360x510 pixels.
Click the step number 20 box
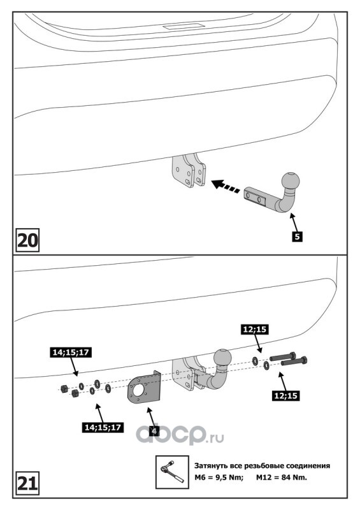coord(27,240)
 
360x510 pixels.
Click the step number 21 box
coord(27,483)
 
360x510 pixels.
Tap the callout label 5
coord(297,236)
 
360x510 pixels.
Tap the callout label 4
coord(154,431)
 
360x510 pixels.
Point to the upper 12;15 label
coord(255,329)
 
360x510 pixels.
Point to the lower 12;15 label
coord(285,395)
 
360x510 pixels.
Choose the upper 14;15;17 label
coord(71,353)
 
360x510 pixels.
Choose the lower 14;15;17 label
coord(103,427)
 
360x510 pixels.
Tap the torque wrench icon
coord(172,472)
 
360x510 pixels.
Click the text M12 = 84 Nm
coord(282,477)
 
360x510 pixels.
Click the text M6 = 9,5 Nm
coord(219,477)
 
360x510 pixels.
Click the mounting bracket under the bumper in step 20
coord(189,171)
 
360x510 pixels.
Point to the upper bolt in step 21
coord(283,356)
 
